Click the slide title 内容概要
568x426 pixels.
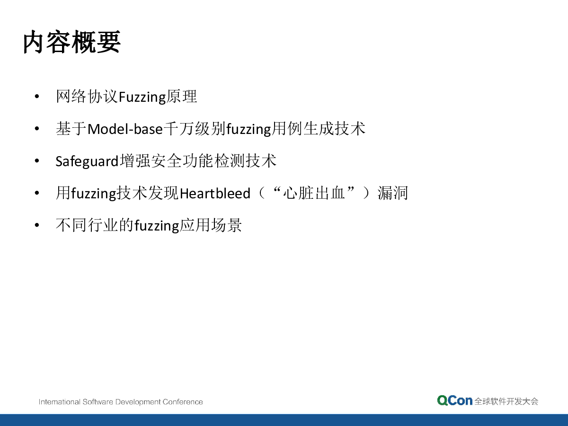71,42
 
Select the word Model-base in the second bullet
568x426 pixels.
125,129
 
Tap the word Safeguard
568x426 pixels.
87,161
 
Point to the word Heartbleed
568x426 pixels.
215,194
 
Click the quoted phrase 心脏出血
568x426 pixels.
314,193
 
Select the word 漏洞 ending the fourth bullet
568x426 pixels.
392,193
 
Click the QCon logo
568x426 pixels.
455,400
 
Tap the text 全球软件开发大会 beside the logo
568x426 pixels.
506,401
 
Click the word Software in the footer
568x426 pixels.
98,402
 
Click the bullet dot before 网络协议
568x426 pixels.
37,97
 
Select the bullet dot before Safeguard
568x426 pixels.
37,160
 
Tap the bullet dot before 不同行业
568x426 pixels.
37,225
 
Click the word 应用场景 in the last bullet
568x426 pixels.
211,225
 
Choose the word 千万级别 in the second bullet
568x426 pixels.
195,129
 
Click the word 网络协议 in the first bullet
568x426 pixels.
87,97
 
